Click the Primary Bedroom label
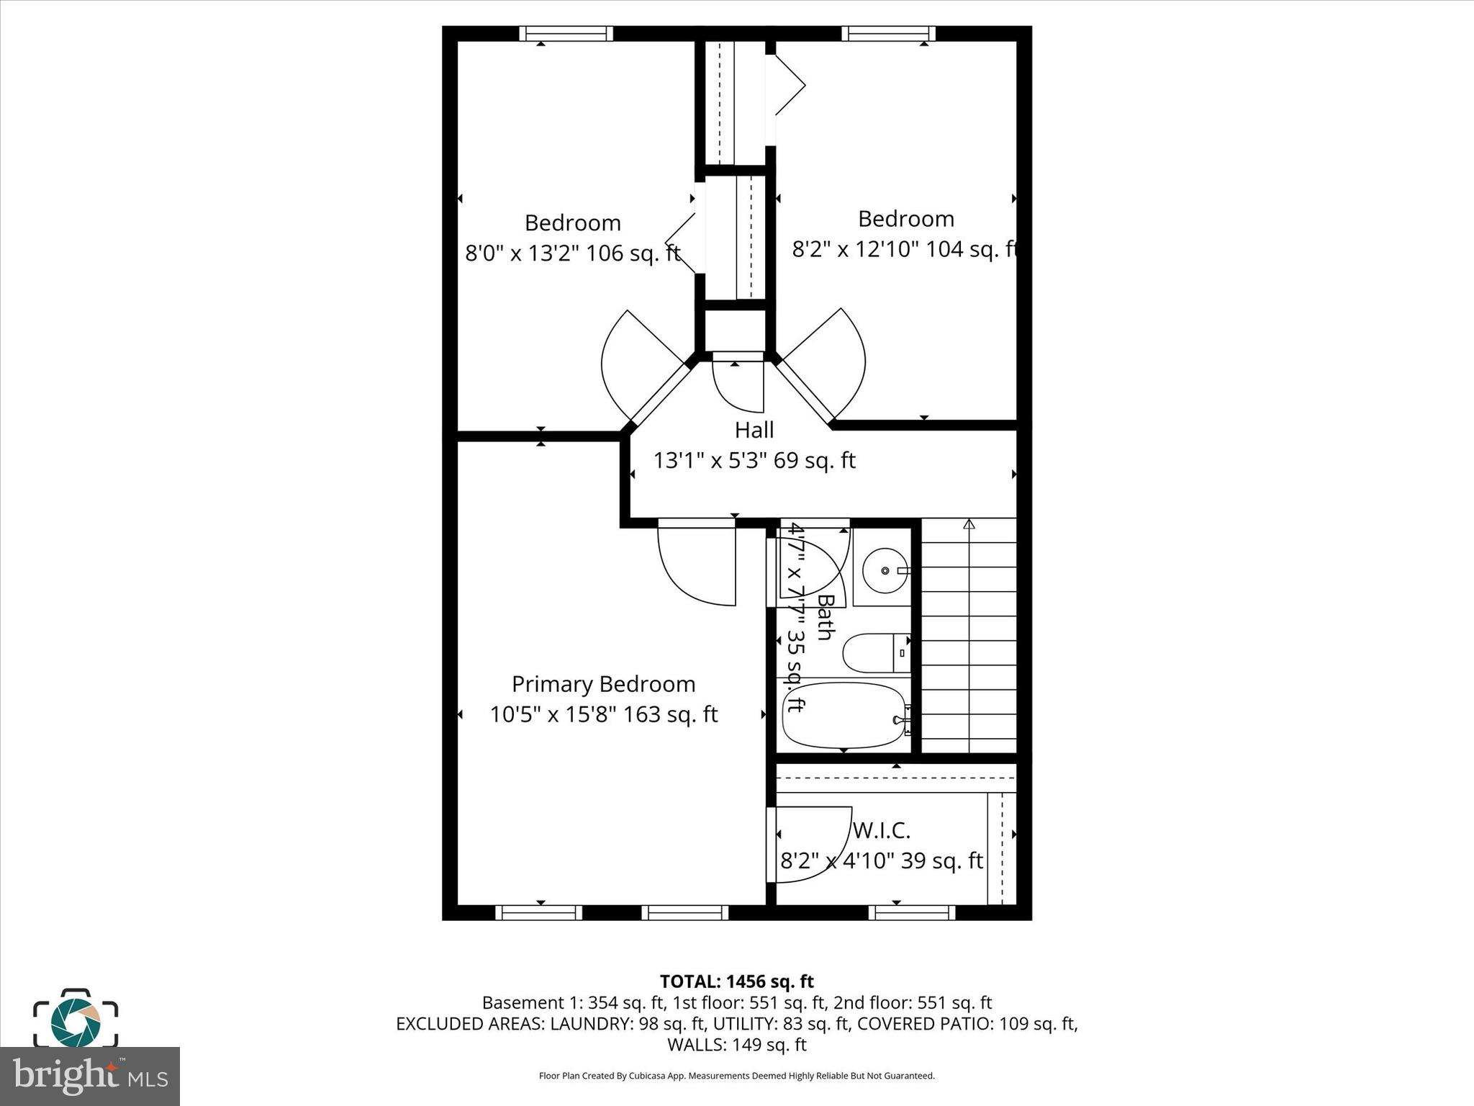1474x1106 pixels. pos(603,684)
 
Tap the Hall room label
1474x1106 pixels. pos(754,430)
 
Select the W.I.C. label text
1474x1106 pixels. pos(881,830)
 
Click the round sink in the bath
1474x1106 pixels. pos(885,570)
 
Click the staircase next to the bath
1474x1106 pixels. pos(969,637)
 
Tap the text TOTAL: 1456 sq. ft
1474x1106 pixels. pos(736,981)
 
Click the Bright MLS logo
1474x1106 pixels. pos(90,1076)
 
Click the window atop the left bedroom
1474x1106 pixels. pos(566,34)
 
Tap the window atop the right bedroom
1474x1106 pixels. pos(888,34)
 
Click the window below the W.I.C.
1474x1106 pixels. pos(911,913)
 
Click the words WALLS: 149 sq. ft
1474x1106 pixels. pos(736,1044)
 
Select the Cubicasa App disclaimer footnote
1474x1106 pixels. pos(736,1076)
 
